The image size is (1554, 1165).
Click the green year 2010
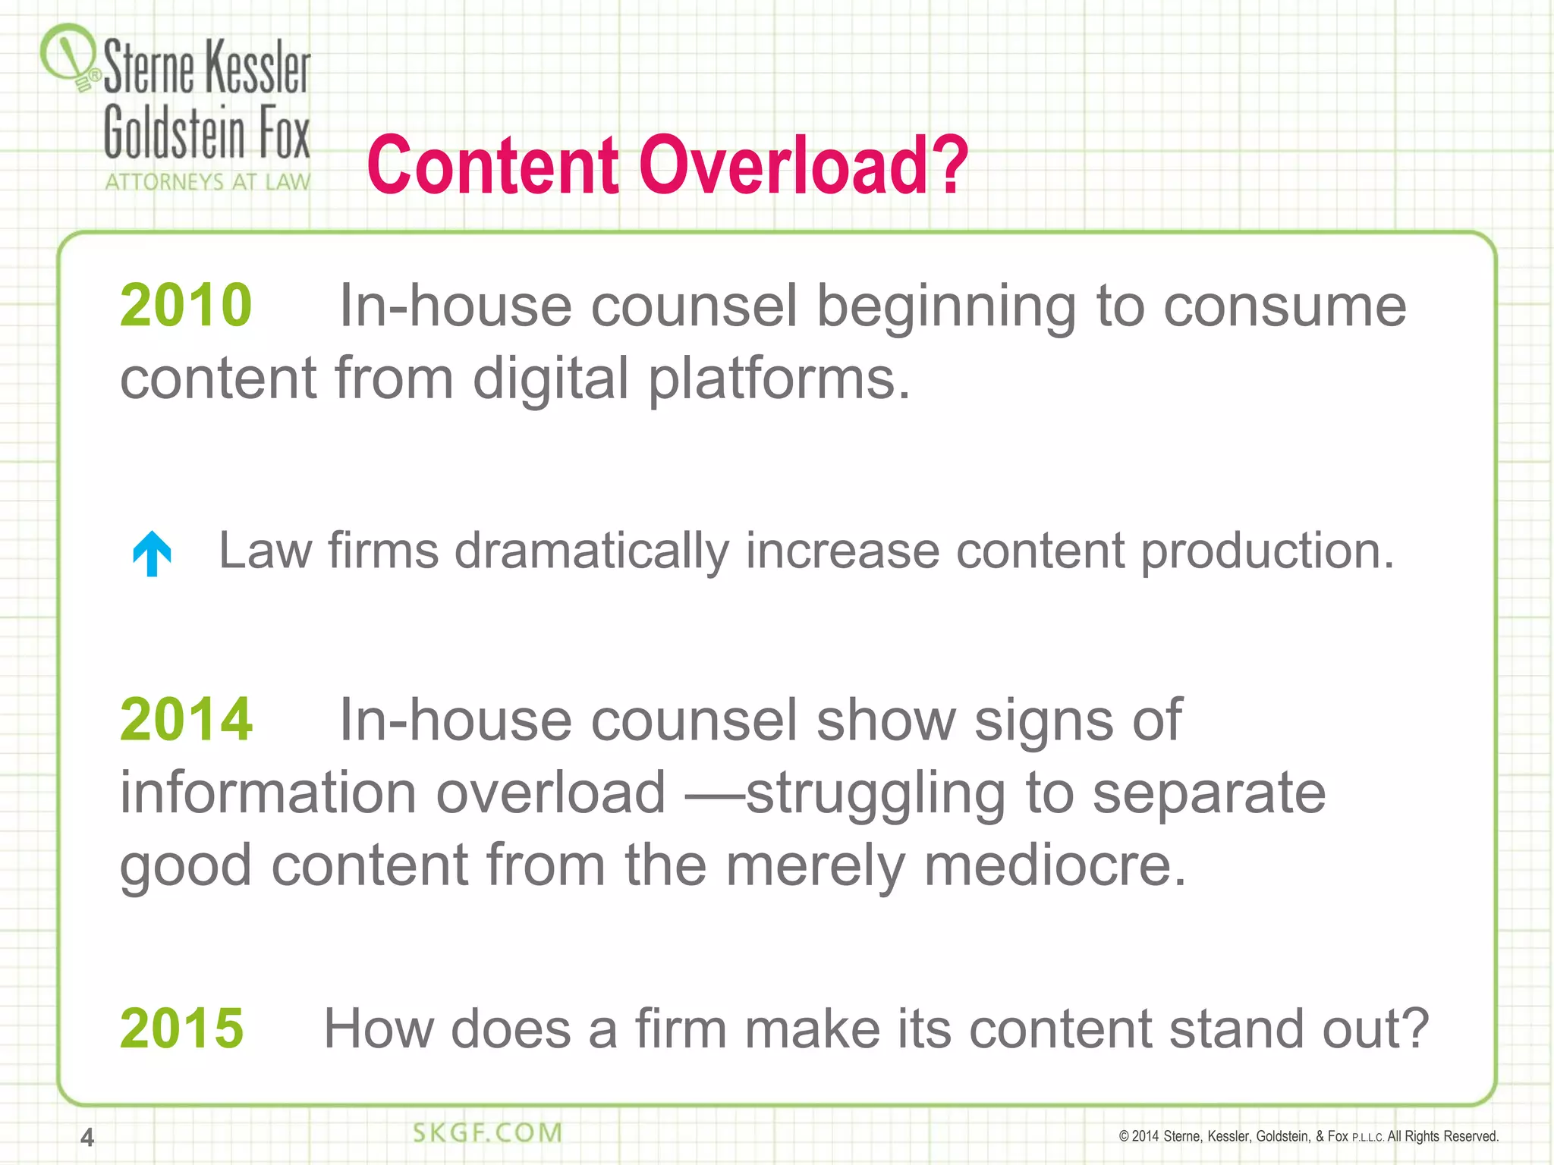point(186,305)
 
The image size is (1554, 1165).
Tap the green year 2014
point(186,719)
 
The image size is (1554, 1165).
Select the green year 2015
point(182,1028)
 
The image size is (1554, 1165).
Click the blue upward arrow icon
point(152,553)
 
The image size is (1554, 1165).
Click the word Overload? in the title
point(804,165)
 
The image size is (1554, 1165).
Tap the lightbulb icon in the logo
point(68,57)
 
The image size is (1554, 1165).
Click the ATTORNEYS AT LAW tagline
point(208,182)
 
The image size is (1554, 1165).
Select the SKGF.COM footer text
point(487,1132)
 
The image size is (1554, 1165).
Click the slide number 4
point(87,1137)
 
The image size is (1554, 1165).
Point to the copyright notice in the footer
point(1308,1136)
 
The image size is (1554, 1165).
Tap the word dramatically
point(592,551)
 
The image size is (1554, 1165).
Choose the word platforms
point(778,378)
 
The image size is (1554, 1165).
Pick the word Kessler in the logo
point(258,68)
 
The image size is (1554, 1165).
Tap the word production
point(1267,551)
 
